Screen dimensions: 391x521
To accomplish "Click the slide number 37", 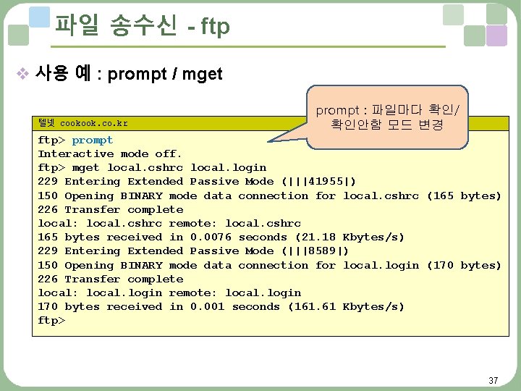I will [493, 380].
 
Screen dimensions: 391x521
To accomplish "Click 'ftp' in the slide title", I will [215, 28].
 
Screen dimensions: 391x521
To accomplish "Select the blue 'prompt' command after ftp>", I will [92, 140].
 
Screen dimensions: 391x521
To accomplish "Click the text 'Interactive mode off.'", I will [110, 154].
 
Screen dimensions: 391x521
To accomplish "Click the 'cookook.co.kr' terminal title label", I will [93, 124].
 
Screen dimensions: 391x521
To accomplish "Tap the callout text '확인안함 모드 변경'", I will [388, 125].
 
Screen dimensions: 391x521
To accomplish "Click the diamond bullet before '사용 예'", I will [22, 74].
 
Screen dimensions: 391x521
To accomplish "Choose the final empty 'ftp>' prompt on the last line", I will [51, 321].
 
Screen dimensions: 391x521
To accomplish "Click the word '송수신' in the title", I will [144, 26].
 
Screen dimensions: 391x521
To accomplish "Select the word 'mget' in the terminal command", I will [86, 168].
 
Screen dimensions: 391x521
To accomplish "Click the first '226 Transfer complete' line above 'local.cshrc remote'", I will [110, 209].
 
